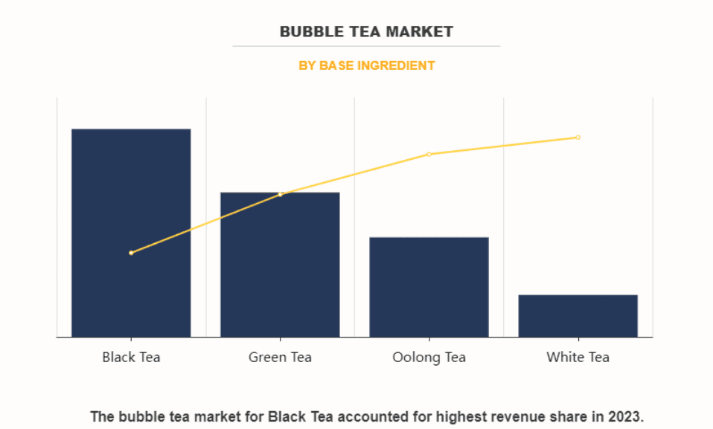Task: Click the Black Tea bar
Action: click(x=131, y=233)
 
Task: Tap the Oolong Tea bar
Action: click(x=429, y=287)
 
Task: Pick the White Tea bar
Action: click(x=578, y=316)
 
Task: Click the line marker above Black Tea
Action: click(x=131, y=253)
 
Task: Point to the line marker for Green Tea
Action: click(x=280, y=195)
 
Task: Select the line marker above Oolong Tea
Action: click(x=429, y=154)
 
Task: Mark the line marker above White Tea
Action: click(x=578, y=138)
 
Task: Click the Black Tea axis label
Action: click(x=131, y=358)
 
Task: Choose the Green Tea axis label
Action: click(x=280, y=358)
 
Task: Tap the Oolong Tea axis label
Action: click(x=429, y=358)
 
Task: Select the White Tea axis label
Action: click(x=578, y=358)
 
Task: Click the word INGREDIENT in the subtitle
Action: click(x=396, y=65)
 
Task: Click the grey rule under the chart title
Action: click(x=365, y=46)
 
